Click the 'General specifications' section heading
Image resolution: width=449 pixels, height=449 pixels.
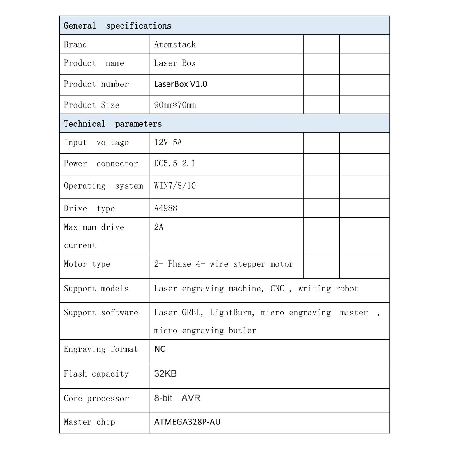pos(117,26)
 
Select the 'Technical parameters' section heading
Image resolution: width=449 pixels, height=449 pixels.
pos(112,124)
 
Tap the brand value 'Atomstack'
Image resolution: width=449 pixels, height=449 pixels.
pos(175,44)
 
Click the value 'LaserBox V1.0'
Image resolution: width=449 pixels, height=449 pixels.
pos(181,84)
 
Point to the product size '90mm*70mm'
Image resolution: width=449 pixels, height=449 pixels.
pos(175,105)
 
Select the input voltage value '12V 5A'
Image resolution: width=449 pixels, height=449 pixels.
pos(168,143)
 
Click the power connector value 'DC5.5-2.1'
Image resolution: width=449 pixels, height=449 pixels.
pos(175,163)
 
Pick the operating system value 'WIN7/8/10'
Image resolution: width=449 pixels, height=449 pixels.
pos(175,186)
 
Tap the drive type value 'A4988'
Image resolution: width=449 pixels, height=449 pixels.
pos(166,208)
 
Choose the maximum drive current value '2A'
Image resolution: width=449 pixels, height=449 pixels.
pos(159,227)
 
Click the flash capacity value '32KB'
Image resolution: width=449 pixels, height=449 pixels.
pos(165,373)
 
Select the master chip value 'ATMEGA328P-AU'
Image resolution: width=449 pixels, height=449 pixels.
pos(187,422)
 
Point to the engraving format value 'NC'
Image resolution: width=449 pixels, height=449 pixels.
pos(160,349)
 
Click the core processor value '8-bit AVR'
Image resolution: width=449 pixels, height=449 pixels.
pos(177,398)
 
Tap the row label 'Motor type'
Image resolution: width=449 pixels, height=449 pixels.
pos(87,264)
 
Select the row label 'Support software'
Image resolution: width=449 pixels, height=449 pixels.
pos(101,313)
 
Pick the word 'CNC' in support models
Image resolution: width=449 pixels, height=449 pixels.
pos(277,289)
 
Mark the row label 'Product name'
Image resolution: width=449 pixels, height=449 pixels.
pos(94,63)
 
